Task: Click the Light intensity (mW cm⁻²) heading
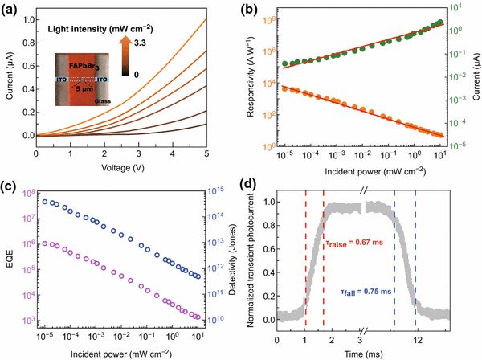point(101,31)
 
